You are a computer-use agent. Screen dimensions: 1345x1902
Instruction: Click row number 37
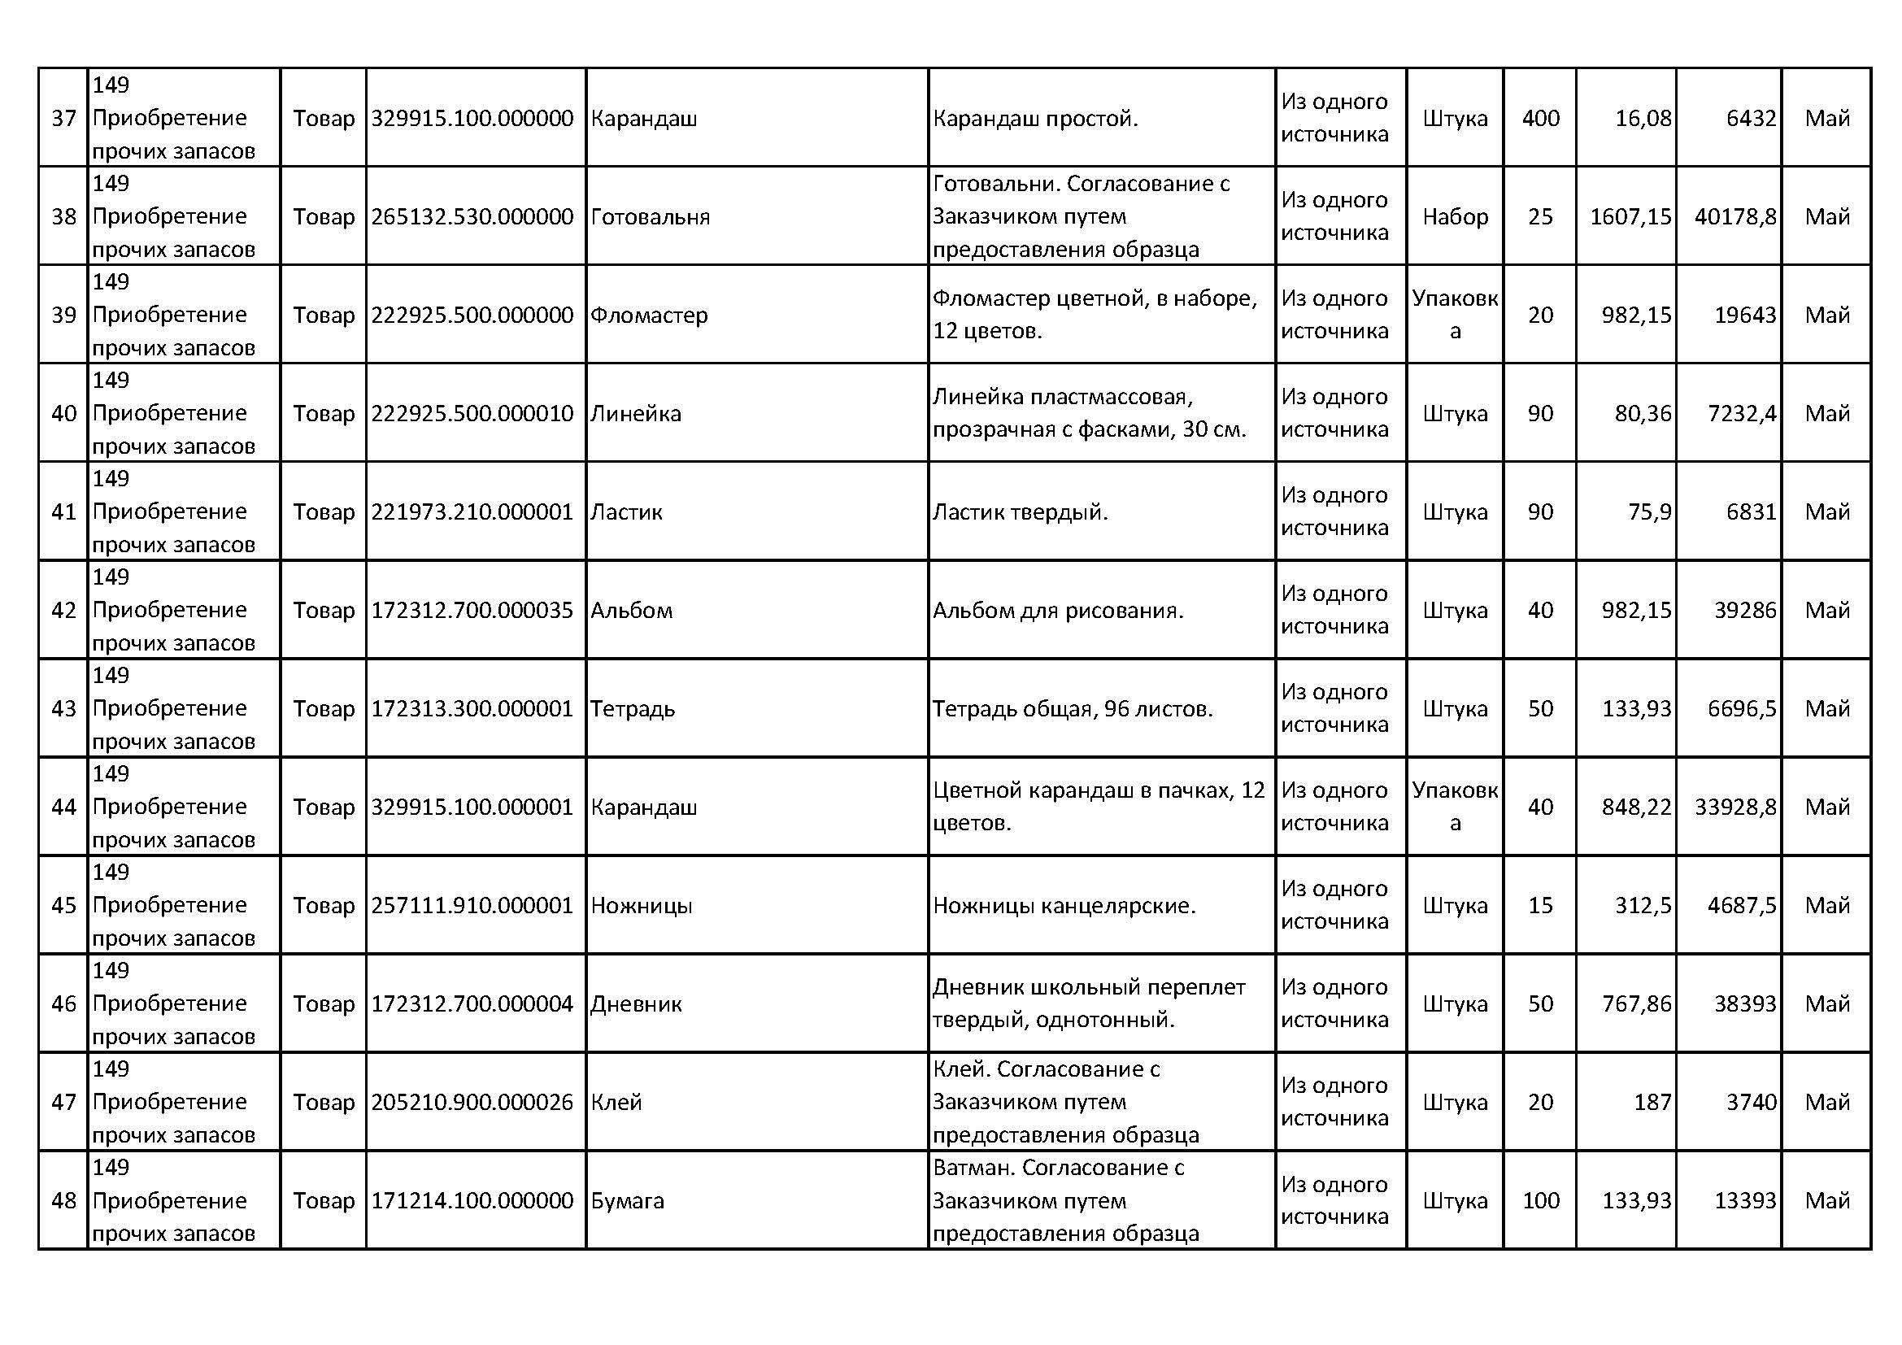pos(63,119)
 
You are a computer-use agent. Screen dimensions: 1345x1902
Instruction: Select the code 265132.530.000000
pos(472,217)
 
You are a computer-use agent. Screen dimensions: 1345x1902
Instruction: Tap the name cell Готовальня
pos(650,217)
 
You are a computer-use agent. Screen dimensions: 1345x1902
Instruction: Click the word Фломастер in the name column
pos(649,316)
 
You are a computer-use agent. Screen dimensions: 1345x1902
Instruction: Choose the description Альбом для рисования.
pos(1058,611)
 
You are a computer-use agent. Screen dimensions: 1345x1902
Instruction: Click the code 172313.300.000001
pos(472,709)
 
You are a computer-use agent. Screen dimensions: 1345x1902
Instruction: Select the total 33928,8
pos(1734,807)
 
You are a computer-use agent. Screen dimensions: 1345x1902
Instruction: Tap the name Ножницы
pos(641,905)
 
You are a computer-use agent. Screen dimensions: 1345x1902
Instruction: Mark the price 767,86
pos(1635,1003)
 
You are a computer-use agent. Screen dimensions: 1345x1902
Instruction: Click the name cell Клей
pos(616,1103)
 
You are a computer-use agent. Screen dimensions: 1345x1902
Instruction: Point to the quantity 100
pos(1540,1201)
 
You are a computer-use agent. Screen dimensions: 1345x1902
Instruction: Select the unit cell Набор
pos(1455,217)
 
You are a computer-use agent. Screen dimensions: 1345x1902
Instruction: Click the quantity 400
pos(1540,119)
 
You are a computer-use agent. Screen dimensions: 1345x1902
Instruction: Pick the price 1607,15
pos(1630,217)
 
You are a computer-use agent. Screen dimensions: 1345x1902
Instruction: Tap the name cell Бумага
pos(627,1201)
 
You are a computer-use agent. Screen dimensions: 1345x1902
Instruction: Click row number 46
pos(63,1003)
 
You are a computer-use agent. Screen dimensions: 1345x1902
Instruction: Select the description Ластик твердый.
pos(1020,511)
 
